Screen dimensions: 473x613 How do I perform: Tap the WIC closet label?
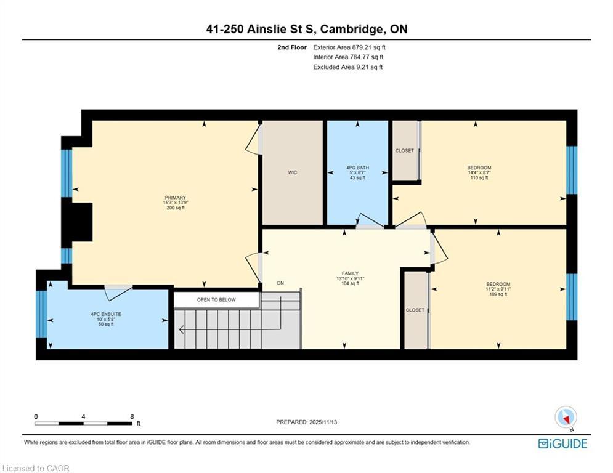(293, 172)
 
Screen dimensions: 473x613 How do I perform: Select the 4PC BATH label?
(357, 167)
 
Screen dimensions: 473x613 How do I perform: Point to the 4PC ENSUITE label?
(106, 314)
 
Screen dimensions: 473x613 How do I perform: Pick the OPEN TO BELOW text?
(216, 300)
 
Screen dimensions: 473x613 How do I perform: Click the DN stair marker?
(280, 283)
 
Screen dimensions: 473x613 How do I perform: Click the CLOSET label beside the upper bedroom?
(405, 150)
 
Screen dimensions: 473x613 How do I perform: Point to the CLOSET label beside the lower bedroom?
(415, 310)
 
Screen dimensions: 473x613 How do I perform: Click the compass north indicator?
(564, 417)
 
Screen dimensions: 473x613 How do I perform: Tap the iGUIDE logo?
(562, 443)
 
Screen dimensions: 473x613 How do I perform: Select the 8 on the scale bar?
(132, 416)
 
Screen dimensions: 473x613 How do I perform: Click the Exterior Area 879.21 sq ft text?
(349, 47)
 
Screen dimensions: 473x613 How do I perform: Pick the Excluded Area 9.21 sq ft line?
(347, 67)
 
